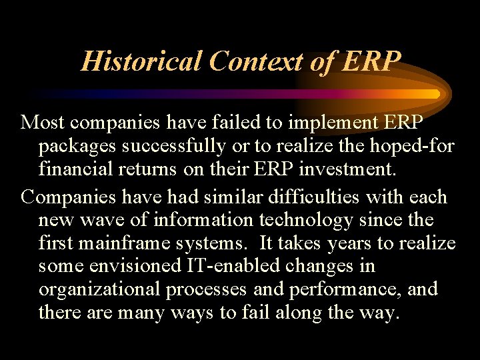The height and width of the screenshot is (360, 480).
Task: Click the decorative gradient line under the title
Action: click(233, 94)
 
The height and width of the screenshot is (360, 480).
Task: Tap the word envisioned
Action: click(138, 267)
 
